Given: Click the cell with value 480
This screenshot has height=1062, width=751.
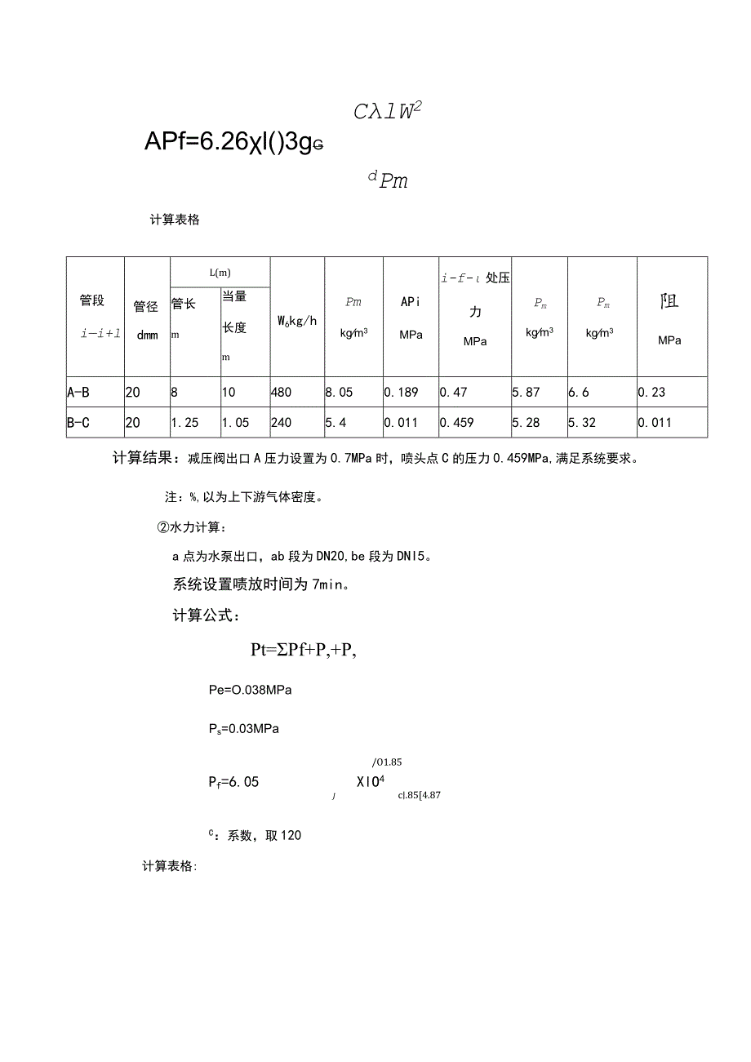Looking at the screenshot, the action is click(281, 393).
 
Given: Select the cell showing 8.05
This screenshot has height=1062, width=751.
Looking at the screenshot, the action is click(339, 393).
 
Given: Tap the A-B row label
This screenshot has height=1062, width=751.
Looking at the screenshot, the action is click(78, 393).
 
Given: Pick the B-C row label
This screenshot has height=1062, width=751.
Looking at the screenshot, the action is click(78, 423).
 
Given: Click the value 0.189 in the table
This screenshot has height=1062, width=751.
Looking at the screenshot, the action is click(402, 393).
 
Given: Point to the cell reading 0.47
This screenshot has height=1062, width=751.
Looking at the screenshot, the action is click(454, 393).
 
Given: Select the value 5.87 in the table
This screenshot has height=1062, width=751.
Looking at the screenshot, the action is click(526, 393).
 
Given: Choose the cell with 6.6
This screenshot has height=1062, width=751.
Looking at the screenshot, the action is click(578, 393).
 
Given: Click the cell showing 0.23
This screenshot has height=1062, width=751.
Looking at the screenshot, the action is click(651, 393).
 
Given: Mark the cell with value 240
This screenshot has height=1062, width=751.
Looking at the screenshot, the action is click(281, 423).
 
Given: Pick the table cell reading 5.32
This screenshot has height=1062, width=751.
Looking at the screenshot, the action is click(582, 423).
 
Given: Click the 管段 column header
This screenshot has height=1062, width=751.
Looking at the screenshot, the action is click(92, 300).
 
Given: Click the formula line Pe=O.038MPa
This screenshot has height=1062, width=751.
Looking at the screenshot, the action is click(251, 690).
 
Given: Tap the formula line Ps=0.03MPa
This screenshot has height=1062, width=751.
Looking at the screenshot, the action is click(244, 728).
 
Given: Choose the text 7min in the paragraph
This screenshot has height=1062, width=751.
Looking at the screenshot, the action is click(326, 585).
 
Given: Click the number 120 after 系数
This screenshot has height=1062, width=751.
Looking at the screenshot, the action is click(291, 835).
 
